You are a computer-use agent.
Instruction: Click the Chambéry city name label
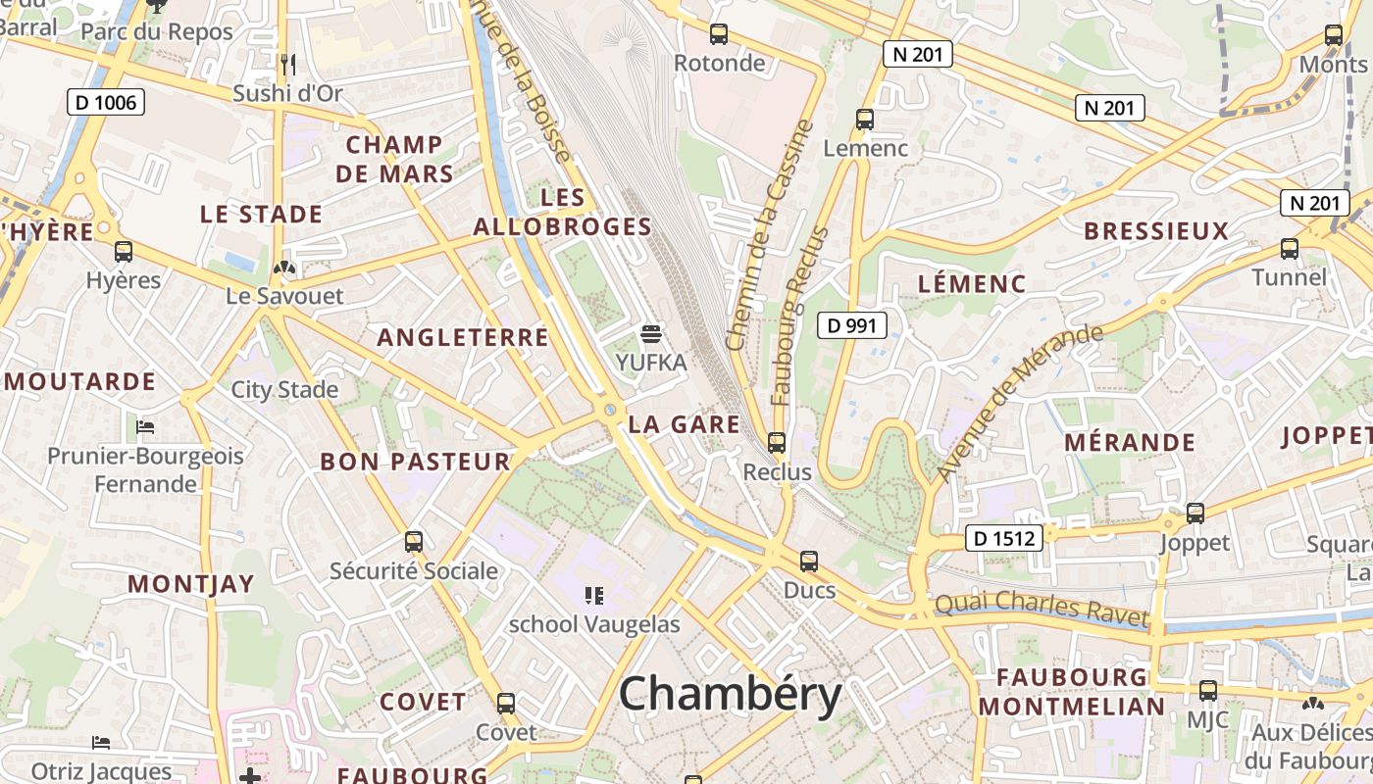coord(730,695)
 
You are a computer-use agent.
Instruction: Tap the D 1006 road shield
coord(106,102)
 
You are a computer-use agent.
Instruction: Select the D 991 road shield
coord(852,325)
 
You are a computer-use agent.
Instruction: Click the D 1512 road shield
coord(1003,537)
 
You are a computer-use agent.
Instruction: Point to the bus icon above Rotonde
coord(719,35)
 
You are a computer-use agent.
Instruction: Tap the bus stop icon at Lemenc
coord(865,120)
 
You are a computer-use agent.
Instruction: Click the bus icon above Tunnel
coord(1290,249)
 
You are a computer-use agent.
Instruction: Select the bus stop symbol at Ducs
coord(809,562)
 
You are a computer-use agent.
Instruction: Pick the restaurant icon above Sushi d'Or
coord(287,65)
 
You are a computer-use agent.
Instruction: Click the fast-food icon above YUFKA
coord(650,334)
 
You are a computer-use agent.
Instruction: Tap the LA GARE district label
coord(684,424)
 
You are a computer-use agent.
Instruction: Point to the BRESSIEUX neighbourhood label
coord(1156,231)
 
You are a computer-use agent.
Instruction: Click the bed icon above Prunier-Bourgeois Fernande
coord(145,427)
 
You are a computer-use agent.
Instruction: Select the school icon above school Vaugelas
coord(593,595)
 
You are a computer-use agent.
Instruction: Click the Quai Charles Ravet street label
coord(1041,610)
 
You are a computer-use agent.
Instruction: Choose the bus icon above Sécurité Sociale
coord(414,542)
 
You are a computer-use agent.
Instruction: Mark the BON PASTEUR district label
coord(416,462)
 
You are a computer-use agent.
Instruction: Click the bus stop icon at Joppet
coord(1195,514)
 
